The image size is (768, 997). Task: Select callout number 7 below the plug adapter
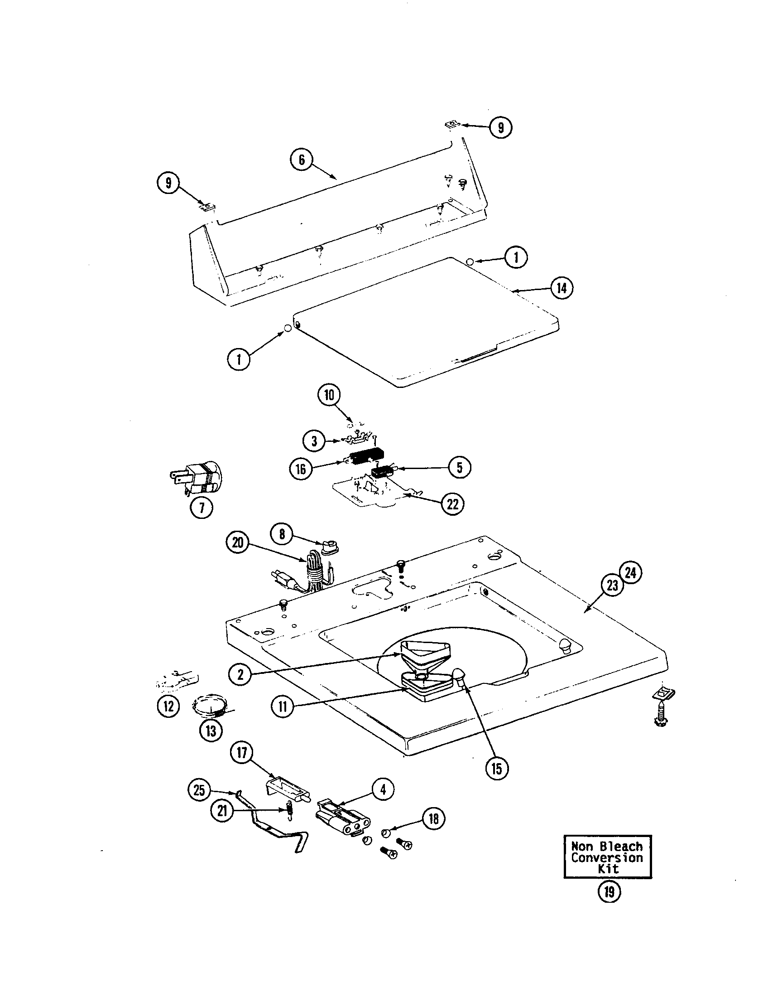click(202, 507)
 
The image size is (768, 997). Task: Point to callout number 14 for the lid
click(562, 288)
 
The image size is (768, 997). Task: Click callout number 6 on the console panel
click(302, 160)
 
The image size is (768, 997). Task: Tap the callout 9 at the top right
click(500, 127)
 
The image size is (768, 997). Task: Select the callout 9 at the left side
click(168, 184)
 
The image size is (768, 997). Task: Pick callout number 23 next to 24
click(613, 584)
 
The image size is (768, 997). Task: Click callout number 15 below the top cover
click(496, 768)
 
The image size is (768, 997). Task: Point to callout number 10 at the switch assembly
click(329, 395)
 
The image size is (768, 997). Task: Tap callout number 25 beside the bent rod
click(199, 790)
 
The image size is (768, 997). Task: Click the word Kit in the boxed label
click(609, 868)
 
